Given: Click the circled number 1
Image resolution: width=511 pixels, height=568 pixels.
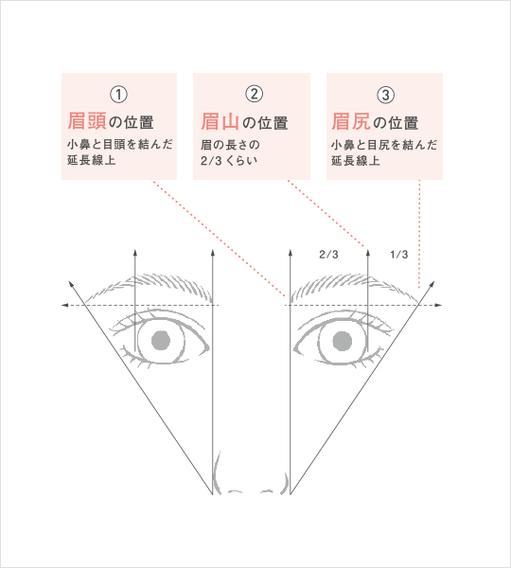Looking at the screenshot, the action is pyautogui.click(x=118, y=95).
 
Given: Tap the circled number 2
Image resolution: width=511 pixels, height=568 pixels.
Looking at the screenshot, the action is pyautogui.click(x=255, y=94).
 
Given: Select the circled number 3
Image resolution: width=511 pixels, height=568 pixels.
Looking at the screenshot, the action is pyautogui.click(x=385, y=95).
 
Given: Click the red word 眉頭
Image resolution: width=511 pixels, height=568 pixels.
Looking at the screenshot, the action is pyautogui.click(x=87, y=121).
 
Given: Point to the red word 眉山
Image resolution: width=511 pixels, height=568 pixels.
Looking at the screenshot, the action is pyautogui.click(x=220, y=121).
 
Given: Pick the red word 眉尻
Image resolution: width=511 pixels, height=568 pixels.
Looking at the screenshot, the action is pyautogui.click(x=351, y=121).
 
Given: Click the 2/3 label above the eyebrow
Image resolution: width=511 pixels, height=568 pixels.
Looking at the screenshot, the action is pyautogui.click(x=328, y=255).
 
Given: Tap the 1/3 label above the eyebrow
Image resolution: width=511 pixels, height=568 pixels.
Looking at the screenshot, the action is pyautogui.click(x=399, y=255).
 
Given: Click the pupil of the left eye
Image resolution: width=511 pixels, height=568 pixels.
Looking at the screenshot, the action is pyautogui.click(x=161, y=341).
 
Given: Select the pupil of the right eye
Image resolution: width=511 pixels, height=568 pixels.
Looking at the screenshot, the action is pyautogui.click(x=343, y=341).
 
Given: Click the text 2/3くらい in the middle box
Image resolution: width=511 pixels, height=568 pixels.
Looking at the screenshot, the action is pyautogui.click(x=229, y=161).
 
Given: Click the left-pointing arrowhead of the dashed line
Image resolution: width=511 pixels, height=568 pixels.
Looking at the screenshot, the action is pyautogui.click(x=65, y=306).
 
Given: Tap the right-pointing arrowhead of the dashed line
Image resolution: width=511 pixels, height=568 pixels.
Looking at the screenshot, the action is pyautogui.click(x=438, y=306).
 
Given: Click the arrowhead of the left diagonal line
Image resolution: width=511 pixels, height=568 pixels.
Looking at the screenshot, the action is pyautogui.click(x=71, y=284).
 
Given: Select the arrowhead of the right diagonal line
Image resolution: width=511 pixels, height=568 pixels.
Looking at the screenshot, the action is pyautogui.click(x=432, y=284).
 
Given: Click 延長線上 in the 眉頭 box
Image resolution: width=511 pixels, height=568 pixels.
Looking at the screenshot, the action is pyautogui.click(x=91, y=160).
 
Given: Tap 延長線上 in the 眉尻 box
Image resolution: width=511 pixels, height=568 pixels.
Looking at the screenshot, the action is pyautogui.click(x=356, y=161).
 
